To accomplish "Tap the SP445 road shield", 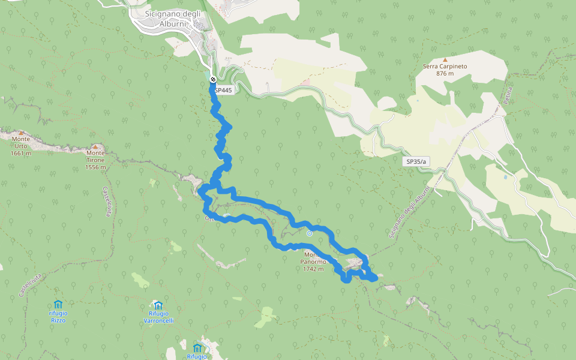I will [223, 90].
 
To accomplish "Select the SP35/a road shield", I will [416, 161].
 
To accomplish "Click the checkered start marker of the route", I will [213, 79].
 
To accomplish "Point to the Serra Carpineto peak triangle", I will [445, 59].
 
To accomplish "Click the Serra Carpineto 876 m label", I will [445, 70].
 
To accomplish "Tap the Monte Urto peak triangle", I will [20, 133].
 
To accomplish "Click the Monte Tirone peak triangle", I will [95, 146].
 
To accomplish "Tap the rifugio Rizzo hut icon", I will [58, 304].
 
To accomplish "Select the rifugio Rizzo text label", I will [58, 317].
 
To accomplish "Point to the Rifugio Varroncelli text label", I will [158, 317].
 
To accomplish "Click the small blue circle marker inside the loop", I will [309, 233].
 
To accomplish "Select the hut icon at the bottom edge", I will [197, 348].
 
